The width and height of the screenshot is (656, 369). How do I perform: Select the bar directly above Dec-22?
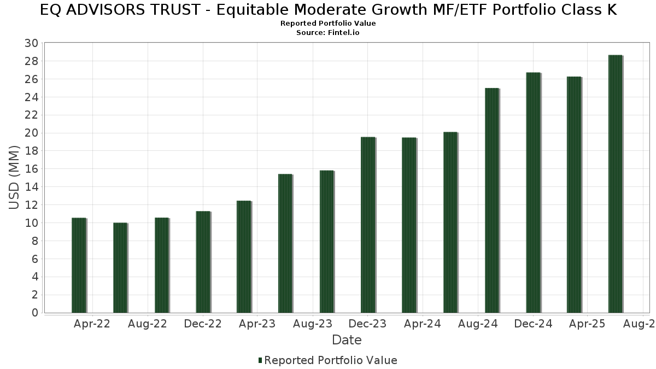[x=203, y=262]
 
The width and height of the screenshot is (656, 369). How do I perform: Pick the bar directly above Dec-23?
[x=368, y=225]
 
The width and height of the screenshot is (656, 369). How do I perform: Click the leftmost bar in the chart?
[x=79, y=265]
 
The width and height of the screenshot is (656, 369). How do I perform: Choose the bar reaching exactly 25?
[x=492, y=200]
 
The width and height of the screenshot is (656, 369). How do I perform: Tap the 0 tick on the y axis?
[x=34, y=313]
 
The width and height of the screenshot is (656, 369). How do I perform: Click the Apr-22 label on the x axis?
[x=91, y=324]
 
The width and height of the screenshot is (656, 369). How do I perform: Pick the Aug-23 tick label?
[x=312, y=324]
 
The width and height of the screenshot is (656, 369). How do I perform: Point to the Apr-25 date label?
[x=587, y=324]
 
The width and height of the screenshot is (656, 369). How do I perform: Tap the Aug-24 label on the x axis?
[x=477, y=324]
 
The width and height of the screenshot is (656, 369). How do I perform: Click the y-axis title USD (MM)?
[x=15, y=178]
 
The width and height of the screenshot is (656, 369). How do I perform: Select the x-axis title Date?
[x=347, y=340]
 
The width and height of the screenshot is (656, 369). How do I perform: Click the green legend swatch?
[x=260, y=360]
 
